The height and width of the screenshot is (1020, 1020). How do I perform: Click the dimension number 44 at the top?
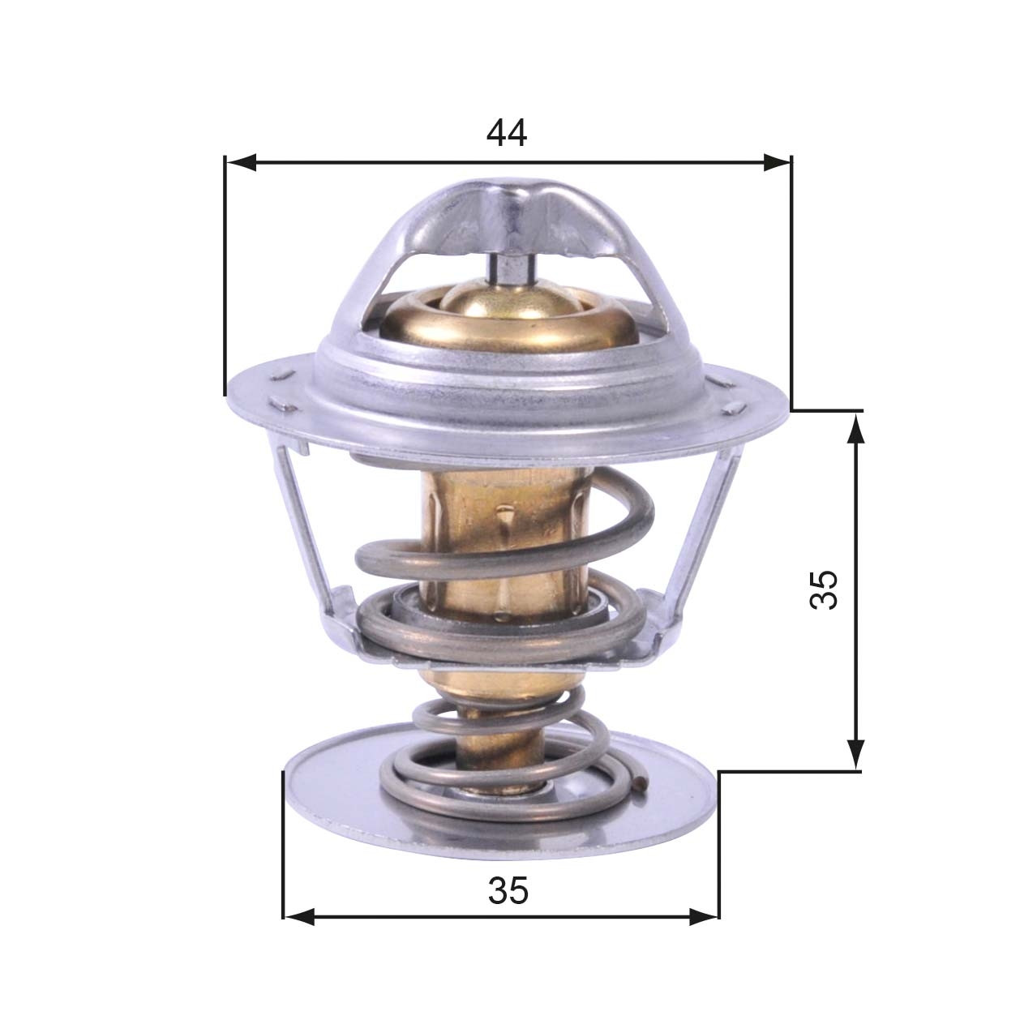[x=507, y=133]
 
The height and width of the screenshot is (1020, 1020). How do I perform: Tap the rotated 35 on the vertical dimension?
[x=823, y=589]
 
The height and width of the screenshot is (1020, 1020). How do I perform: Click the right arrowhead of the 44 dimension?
[x=775, y=163]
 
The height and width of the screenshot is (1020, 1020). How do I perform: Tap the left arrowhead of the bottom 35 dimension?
[x=298, y=917]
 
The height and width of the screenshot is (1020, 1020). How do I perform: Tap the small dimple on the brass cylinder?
[x=505, y=514]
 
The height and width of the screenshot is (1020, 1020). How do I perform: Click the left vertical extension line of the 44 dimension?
[x=225, y=276]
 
